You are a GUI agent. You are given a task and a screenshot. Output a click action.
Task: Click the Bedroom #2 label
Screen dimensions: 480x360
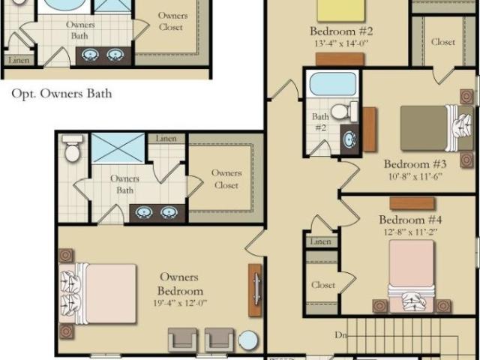pyautogui.click(x=341, y=31)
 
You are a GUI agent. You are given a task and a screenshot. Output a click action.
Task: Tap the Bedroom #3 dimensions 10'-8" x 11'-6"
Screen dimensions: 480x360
pyautogui.click(x=415, y=177)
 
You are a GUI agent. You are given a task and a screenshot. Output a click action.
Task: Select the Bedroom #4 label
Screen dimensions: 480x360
pyautogui.click(x=410, y=220)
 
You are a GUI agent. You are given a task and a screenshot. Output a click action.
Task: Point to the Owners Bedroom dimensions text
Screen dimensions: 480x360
pyautogui.click(x=180, y=303)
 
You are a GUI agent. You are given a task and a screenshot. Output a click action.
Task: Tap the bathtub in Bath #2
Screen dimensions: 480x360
pyautogui.click(x=333, y=84)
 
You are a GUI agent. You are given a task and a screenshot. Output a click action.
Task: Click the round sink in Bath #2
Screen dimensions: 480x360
pyautogui.click(x=349, y=139)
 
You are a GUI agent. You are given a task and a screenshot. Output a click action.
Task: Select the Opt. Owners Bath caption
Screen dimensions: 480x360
pyautogui.click(x=61, y=94)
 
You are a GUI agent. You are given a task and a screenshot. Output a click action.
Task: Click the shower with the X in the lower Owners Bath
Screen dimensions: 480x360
pyautogui.click(x=118, y=148)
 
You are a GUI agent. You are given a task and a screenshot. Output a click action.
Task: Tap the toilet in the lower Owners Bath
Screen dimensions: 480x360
pyautogui.click(x=72, y=148)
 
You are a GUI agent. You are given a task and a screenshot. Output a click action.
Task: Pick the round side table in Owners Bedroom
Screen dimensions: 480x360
pyautogui.click(x=248, y=340)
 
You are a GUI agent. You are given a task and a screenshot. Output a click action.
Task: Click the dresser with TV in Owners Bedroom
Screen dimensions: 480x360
pyautogui.click(x=255, y=290)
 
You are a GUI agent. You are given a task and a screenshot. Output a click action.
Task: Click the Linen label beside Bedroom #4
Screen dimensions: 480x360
pyautogui.click(x=320, y=241)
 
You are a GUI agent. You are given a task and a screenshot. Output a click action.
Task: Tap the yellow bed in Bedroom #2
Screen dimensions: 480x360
pyautogui.click(x=341, y=10)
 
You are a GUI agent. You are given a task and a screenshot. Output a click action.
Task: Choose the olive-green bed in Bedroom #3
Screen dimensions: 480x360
pyautogui.click(x=436, y=128)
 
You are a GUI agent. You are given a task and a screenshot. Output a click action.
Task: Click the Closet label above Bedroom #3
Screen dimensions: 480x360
pyautogui.click(x=443, y=42)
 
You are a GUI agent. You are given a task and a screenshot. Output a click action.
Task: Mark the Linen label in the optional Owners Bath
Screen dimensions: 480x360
pyautogui.click(x=19, y=60)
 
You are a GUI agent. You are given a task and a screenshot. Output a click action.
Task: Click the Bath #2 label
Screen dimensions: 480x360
pyautogui.click(x=320, y=121)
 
